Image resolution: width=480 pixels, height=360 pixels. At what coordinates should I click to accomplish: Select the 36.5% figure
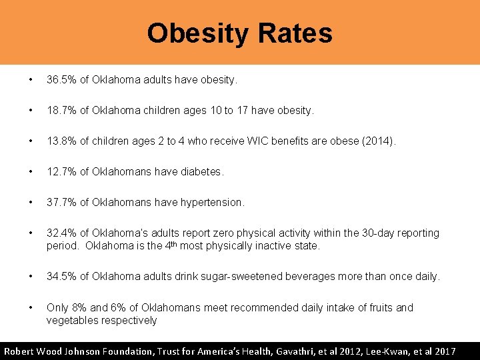click(61, 80)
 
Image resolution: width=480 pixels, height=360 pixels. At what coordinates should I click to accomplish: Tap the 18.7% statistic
click(61, 111)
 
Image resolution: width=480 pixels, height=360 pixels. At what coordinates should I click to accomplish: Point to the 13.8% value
click(61, 141)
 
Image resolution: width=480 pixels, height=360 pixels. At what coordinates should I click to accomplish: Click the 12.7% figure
click(61, 172)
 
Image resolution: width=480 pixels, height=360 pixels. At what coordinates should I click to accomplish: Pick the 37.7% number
click(61, 202)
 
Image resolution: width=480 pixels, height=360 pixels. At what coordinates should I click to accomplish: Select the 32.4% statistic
click(61, 233)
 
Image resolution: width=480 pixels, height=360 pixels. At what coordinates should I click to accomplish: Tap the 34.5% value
click(61, 277)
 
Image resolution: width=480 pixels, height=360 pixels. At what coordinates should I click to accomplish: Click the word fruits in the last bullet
click(380, 307)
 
